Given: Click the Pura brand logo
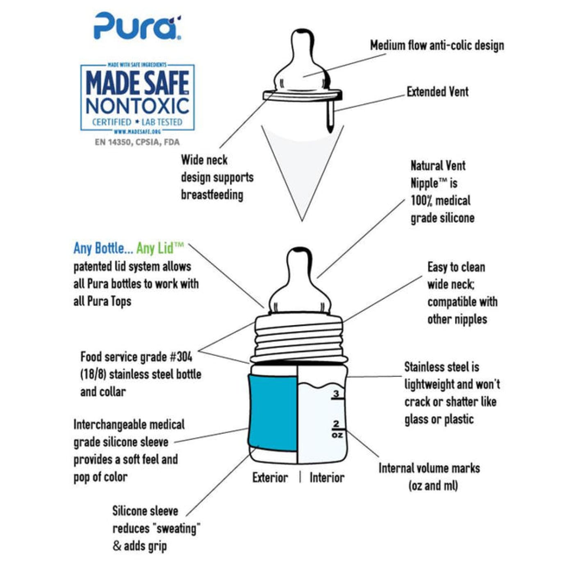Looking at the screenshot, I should click(137, 26).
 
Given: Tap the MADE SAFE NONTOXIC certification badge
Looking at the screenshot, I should click(137, 98).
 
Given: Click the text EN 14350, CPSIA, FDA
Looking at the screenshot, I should click(137, 142).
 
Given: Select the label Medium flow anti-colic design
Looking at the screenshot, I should click(437, 45).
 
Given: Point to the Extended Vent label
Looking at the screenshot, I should click(437, 91).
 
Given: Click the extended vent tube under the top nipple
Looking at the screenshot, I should click(330, 117).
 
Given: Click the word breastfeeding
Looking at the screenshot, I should click(212, 194).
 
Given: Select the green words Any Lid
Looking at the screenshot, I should click(159, 248).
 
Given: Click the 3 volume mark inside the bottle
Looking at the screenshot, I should click(336, 394).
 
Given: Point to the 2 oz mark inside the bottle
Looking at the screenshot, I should click(337, 429).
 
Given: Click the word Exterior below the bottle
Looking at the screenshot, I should click(270, 477).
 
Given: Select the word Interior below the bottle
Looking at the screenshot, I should click(327, 477).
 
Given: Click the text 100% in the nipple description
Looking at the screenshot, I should click(421, 200).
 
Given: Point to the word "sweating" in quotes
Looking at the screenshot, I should click(175, 528).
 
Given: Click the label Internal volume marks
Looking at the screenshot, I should click(429, 468).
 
